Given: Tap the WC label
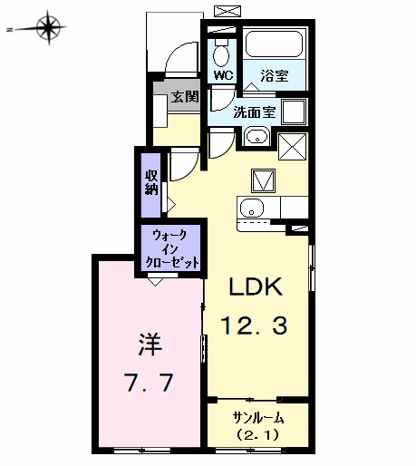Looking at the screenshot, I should [x=223, y=76].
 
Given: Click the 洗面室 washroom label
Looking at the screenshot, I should [x=254, y=112].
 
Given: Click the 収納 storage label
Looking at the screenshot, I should [x=150, y=181].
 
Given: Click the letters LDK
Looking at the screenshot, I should [x=256, y=287].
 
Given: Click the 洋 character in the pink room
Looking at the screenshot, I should [x=148, y=345].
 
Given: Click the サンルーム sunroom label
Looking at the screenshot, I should [x=258, y=418].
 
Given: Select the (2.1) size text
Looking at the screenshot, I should [x=258, y=435].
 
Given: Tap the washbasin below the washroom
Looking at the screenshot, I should [x=257, y=138].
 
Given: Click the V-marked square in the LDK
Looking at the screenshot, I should [x=263, y=180].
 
